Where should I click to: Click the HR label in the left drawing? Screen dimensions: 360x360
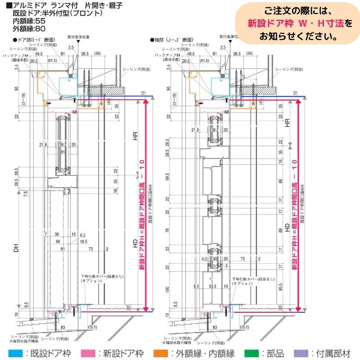(x=135, y=138)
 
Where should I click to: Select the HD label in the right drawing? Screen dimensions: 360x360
(x=286, y=227)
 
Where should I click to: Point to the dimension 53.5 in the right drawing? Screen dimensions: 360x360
(x=212, y=286)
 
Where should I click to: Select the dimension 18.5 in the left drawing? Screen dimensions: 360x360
(x=84, y=242)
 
